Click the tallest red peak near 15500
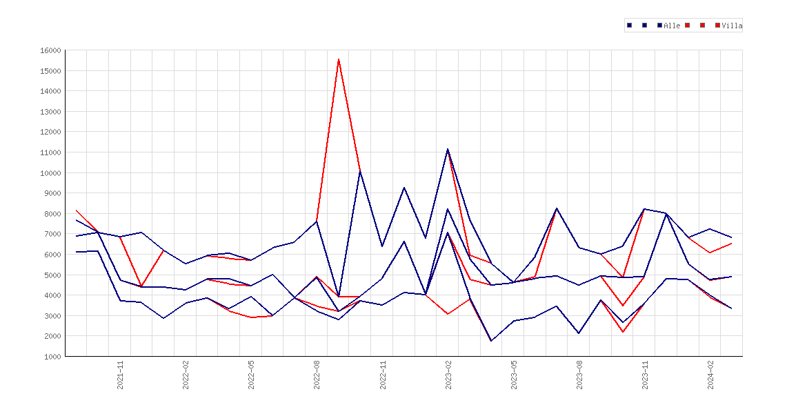(339, 59)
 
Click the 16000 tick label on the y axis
(50, 50)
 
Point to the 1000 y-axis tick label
(52, 356)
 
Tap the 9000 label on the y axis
(52, 193)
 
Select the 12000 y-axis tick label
(50, 132)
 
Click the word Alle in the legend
(672, 26)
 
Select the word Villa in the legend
(732, 26)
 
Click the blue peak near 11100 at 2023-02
(448, 149)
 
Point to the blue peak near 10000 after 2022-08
(360, 171)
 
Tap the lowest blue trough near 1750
(491, 341)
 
